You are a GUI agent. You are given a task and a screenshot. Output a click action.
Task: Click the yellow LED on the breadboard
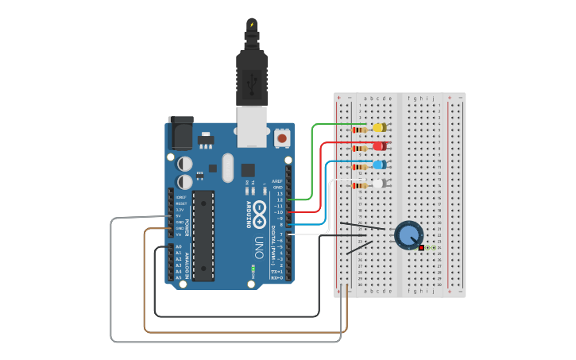[380, 127]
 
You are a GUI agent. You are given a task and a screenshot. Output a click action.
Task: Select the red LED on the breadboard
[380, 146]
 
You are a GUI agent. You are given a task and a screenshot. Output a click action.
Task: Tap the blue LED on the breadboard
[380, 165]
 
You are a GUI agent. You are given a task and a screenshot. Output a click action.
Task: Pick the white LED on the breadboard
[380, 184]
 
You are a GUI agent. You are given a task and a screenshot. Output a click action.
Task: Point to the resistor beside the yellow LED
[360, 129]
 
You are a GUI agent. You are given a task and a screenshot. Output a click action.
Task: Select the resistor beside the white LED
[360, 185]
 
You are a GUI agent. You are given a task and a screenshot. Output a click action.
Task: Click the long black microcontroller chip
[203, 235]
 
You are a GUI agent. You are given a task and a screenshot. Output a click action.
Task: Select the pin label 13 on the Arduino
[279, 194]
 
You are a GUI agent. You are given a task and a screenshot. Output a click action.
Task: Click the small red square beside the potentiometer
[421, 248]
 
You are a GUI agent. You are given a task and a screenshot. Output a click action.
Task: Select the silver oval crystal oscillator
[228, 168]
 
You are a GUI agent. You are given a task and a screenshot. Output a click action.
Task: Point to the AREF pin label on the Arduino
[277, 181]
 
